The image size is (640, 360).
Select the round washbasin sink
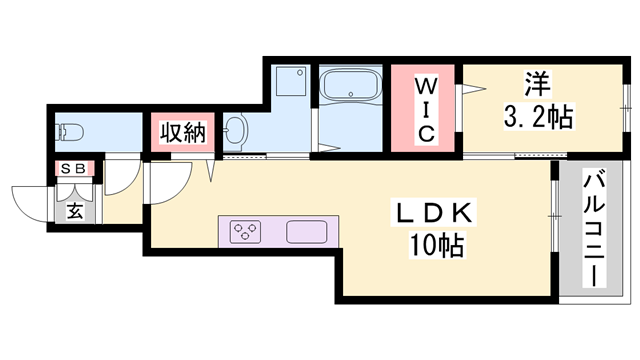pos(236,130)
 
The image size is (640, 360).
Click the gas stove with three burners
pos(245,232)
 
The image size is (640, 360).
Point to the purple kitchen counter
pos(274,232)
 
